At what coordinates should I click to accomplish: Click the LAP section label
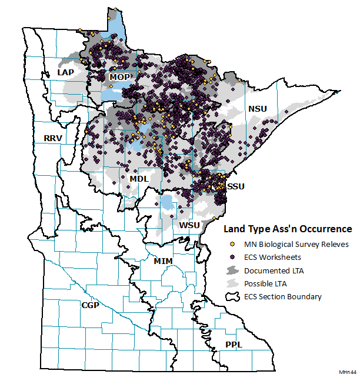(x=65, y=72)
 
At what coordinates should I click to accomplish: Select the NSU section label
(x=258, y=109)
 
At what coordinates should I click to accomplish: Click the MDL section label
(x=139, y=178)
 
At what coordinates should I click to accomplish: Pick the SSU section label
(x=235, y=186)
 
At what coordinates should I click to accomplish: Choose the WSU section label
(x=189, y=225)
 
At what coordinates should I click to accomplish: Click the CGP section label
(x=90, y=305)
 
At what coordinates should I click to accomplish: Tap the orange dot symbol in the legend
(x=232, y=244)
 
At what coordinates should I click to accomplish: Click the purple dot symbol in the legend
(x=232, y=257)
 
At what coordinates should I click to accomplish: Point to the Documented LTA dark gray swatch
(x=232, y=270)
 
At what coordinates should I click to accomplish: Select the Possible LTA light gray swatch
(x=232, y=283)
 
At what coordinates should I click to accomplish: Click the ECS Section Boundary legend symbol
(x=232, y=296)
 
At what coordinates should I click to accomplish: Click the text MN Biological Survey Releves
(x=296, y=244)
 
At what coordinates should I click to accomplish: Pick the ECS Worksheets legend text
(x=274, y=257)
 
